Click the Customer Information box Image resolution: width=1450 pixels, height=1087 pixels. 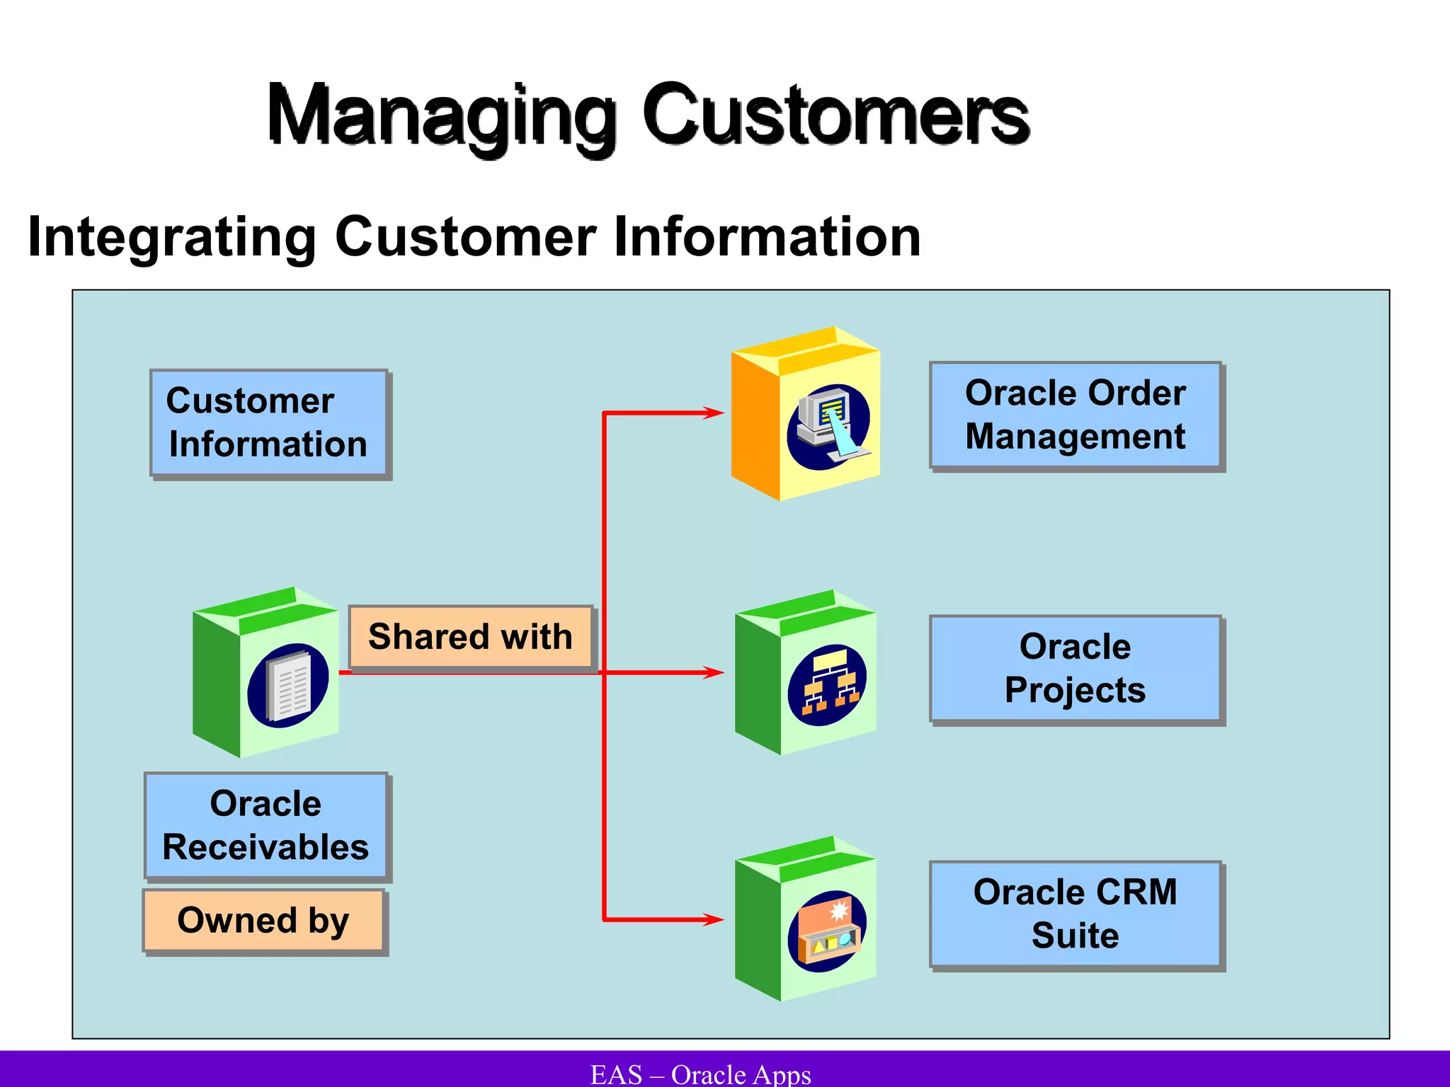[x=269, y=423]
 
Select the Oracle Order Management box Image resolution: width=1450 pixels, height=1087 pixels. [x=1075, y=415]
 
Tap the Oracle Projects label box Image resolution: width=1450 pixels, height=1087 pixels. [x=1075, y=669]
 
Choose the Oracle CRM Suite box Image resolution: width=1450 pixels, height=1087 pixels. [x=1075, y=914]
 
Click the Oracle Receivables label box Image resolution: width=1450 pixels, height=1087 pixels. [x=266, y=826]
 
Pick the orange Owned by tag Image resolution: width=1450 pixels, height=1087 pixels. [x=263, y=921]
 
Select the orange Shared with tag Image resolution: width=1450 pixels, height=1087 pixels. [x=471, y=637]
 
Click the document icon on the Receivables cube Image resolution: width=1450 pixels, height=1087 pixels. [x=288, y=686]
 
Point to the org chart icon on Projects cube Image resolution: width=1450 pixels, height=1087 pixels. [x=827, y=685]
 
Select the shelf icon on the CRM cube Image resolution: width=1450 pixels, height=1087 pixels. [x=827, y=931]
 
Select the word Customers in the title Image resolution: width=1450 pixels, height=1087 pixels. [x=835, y=115]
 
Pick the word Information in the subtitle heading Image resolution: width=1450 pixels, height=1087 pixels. [x=767, y=237]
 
